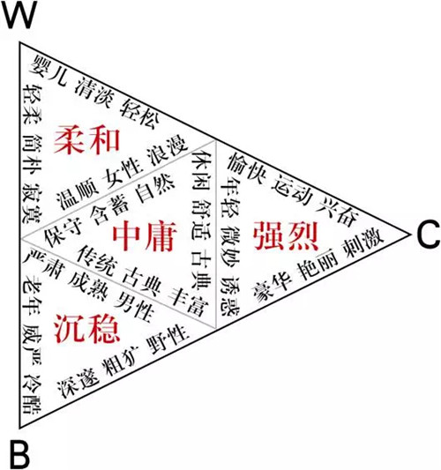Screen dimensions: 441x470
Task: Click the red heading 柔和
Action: [x=87, y=140]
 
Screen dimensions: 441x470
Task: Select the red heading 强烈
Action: [x=286, y=235]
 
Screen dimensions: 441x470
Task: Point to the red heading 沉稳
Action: [x=87, y=329]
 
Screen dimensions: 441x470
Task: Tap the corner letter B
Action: [x=19, y=454]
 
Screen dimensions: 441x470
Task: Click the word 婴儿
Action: [x=49, y=71]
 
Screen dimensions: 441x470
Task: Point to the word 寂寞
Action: [x=32, y=204]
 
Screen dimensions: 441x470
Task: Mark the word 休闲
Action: [x=201, y=170]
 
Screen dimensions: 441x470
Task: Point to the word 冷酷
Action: [x=32, y=395]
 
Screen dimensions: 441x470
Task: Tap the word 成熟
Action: [x=87, y=284]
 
